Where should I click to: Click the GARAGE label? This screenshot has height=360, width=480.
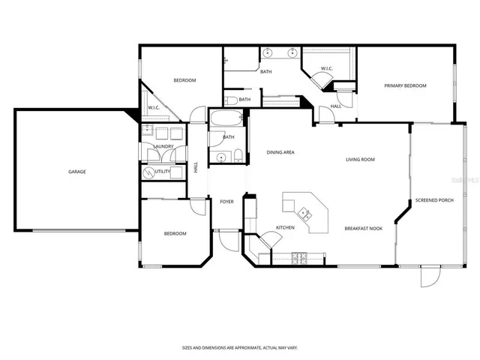coord(76,172)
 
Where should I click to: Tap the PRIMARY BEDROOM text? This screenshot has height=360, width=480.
coord(405,86)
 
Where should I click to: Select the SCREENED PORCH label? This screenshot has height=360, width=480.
coord(435,200)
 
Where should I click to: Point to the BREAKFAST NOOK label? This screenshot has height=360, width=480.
coord(364,228)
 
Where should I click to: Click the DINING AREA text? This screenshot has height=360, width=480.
coord(280,152)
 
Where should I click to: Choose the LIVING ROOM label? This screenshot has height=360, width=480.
coord(360,159)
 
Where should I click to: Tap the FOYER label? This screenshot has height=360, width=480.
coord(226,201)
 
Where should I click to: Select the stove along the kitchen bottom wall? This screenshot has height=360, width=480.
coord(299,259)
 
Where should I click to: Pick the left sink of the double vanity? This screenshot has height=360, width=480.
coord(268,53)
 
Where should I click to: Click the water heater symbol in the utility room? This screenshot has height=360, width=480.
coord(148,172)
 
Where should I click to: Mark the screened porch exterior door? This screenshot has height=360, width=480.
coord(428,278)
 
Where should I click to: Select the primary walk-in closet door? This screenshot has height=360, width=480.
coord(328,85)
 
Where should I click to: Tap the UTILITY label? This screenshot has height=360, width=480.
coord(163,172)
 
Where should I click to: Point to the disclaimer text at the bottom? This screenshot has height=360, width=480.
coord(239,347)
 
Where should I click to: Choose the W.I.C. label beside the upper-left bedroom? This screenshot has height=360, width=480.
coord(154,107)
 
